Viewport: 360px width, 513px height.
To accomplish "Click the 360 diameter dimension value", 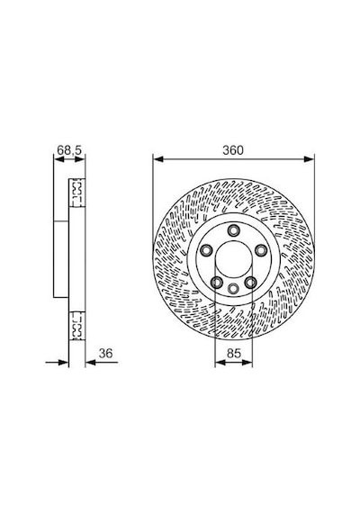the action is [x=233, y=150].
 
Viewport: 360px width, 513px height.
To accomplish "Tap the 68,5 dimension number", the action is [x=69, y=150].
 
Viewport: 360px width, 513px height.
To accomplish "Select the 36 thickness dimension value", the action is [x=105, y=354].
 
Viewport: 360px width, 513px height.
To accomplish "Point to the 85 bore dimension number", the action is [x=234, y=354].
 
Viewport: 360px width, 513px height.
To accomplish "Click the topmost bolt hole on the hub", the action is [x=233, y=230].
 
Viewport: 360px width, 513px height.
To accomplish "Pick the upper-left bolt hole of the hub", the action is [x=206, y=250].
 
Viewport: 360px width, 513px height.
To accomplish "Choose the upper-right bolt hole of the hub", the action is [x=261, y=250].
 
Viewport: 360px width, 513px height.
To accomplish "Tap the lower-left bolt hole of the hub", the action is [x=217, y=283].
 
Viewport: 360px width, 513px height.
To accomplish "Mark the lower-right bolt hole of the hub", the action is [x=251, y=283].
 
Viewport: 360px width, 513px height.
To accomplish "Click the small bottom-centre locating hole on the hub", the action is [x=233, y=289].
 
